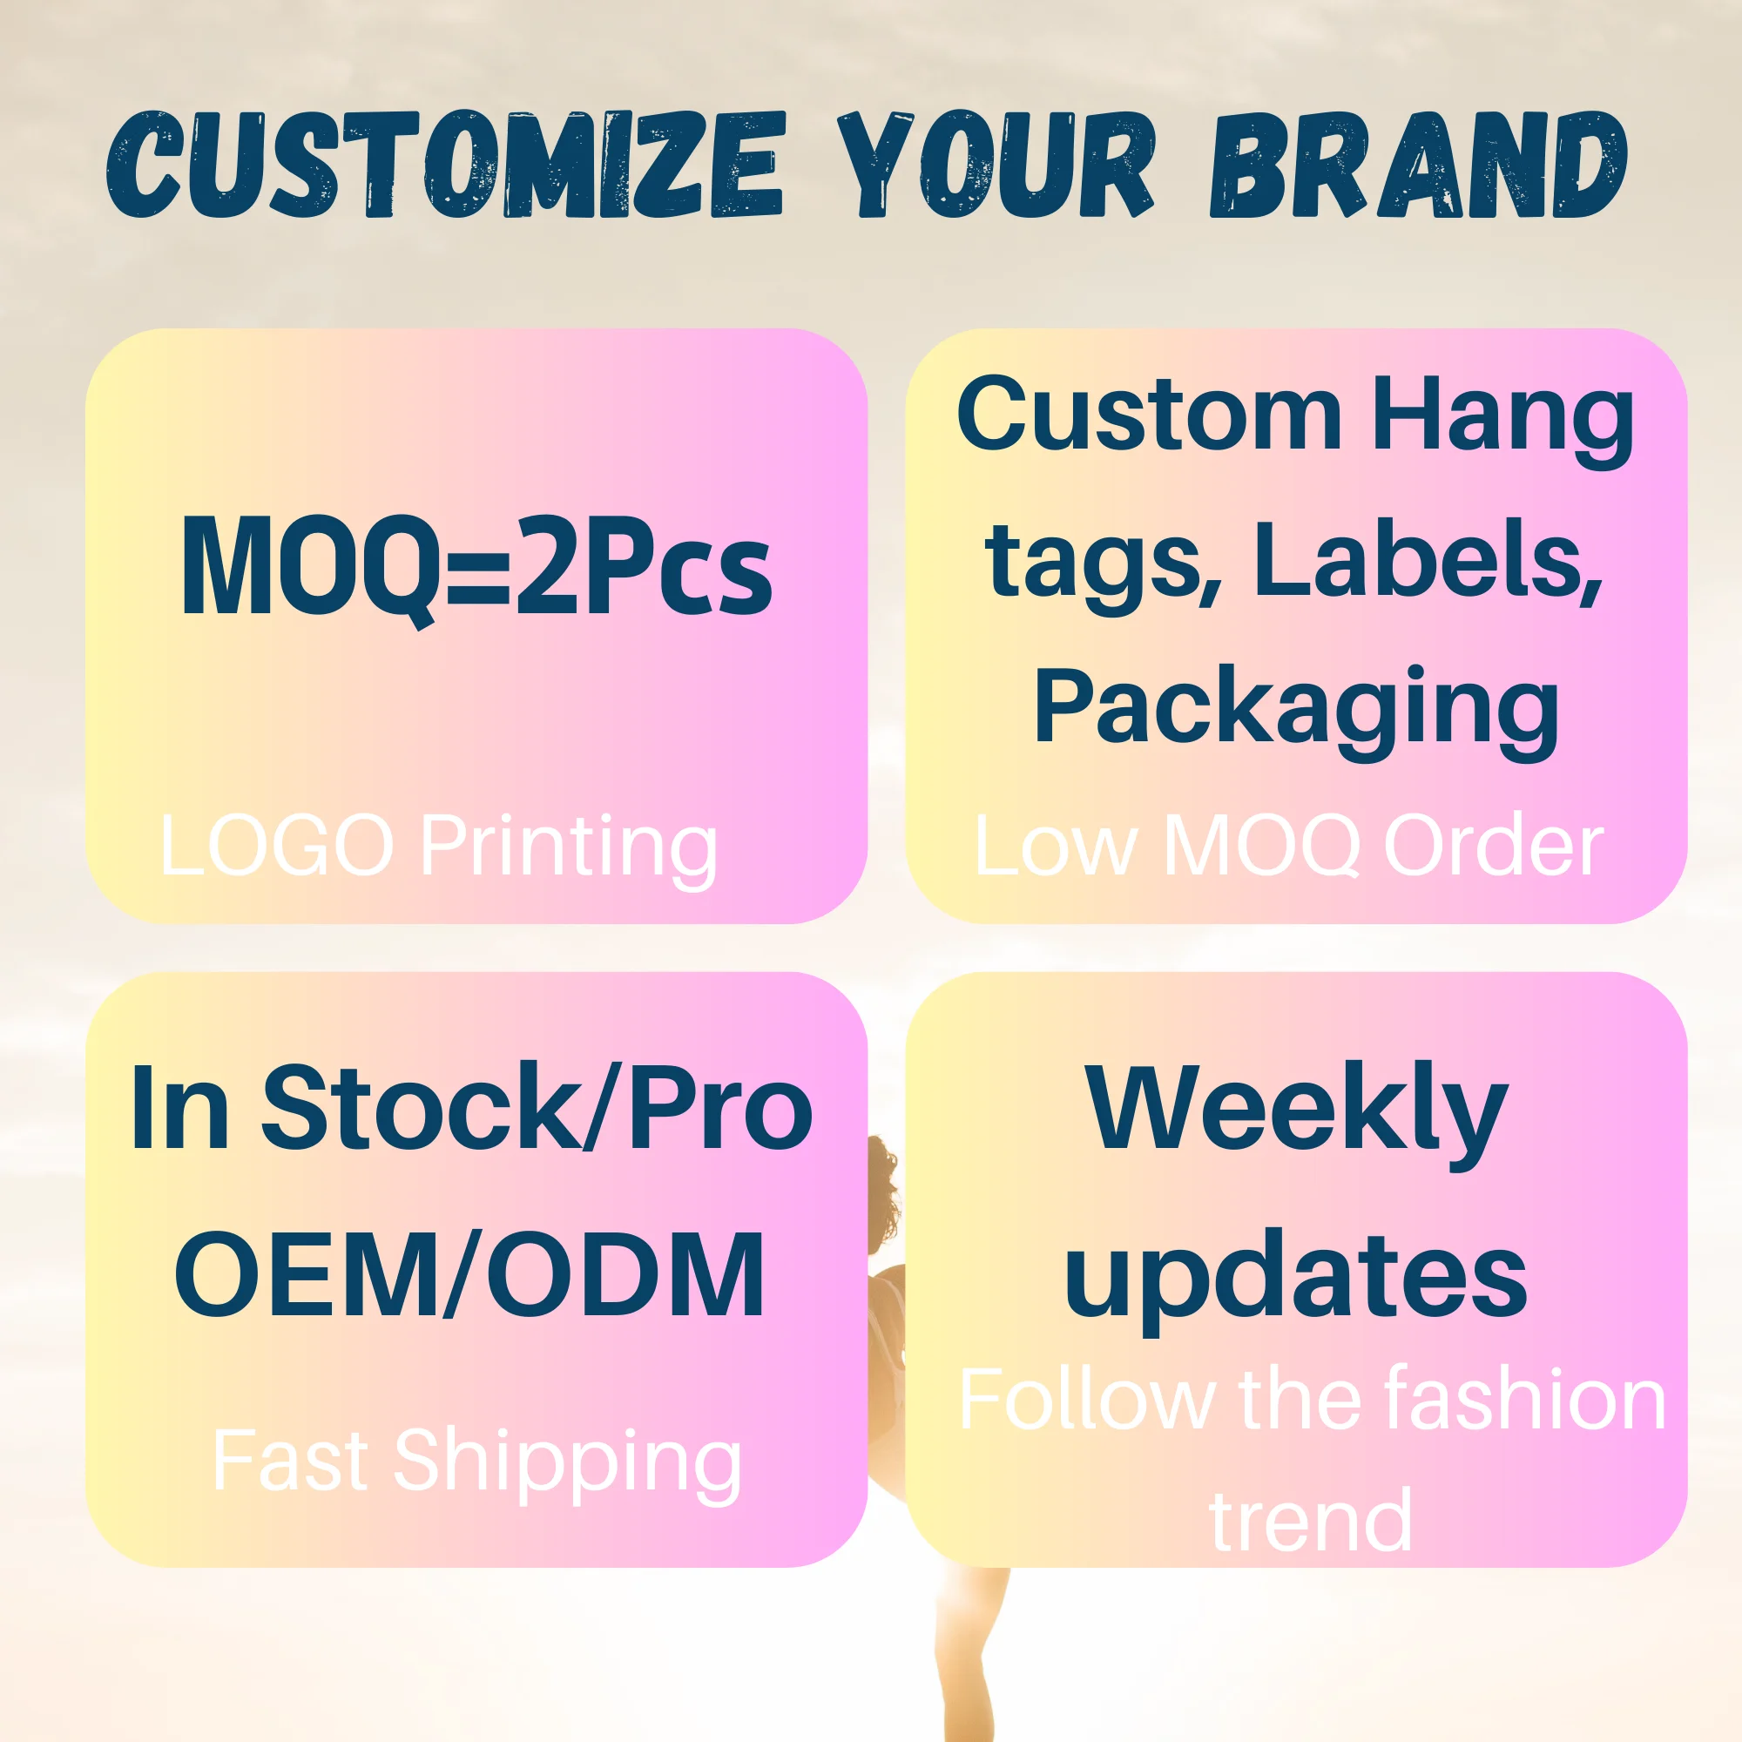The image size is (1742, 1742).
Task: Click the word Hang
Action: (x=1502, y=416)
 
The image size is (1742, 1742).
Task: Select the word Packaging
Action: (x=1297, y=709)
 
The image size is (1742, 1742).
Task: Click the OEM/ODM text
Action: (x=469, y=1277)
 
